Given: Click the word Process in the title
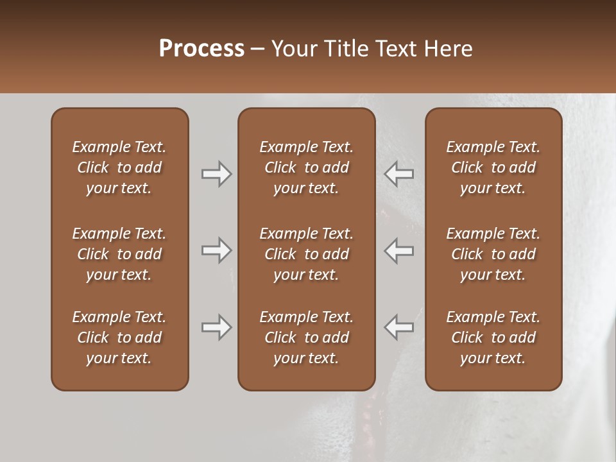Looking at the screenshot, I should pos(201,49).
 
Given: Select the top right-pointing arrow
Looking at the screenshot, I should pos(216,174).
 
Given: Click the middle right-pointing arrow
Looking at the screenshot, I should pos(216,250).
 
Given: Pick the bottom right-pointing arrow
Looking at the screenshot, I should pos(216,327).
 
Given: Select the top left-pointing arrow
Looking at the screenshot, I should pos(398,174).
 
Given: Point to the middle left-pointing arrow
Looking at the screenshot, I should pos(398,250).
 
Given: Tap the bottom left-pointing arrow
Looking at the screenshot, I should pos(398,327).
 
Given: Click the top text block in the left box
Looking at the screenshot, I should pos(119,167).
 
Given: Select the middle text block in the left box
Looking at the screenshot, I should pos(119,254).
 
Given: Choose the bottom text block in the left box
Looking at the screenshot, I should pos(119,338).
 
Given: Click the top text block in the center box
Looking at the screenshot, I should pos(307,167).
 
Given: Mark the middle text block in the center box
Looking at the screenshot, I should pos(307,254).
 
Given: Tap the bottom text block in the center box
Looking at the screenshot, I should pos(307,338).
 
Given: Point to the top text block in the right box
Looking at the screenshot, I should pos(493,167).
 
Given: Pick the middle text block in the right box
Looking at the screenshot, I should pos(493,254).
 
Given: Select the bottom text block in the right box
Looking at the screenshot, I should pos(493,338).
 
